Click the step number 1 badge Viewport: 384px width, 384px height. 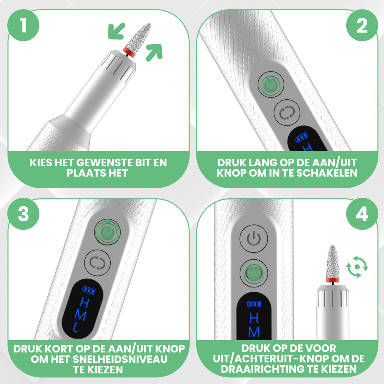click(23, 25)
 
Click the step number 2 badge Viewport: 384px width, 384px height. click(362, 25)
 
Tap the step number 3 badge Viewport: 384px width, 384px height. click(23, 214)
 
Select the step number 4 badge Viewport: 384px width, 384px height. click(362, 214)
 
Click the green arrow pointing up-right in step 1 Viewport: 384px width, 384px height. click(154, 52)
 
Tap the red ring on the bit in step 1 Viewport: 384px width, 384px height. click(129, 52)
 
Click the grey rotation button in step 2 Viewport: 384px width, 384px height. click(287, 113)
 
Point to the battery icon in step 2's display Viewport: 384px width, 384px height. click(301, 137)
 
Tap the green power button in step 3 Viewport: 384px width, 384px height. click(108, 233)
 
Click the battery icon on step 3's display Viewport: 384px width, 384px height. click(89, 290)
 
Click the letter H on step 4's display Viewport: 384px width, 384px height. click(254, 318)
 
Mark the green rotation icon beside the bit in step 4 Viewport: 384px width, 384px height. click(357, 267)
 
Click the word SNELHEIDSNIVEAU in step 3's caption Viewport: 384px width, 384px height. click(120, 359)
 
